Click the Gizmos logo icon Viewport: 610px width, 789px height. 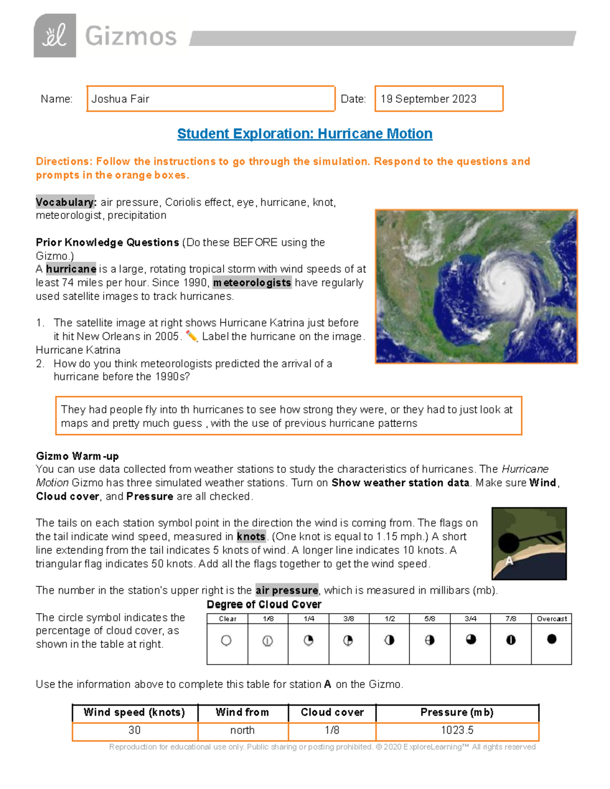pyautogui.click(x=55, y=36)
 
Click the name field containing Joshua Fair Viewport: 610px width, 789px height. pyautogui.click(x=210, y=99)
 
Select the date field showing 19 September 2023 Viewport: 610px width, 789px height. pyautogui.click(x=439, y=99)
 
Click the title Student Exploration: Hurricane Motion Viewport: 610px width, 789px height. pyautogui.click(x=304, y=134)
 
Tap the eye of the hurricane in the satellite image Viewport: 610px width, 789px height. pyautogui.click(x=503, y=283)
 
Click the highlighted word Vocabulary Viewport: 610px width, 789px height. pyautogui.click(x=66, y=202)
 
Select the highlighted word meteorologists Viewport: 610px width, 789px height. pyautogui.click(x=252, y=282)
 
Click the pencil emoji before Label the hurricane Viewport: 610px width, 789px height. pyautogui.click(x=192, y=336)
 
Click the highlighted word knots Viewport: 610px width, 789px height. pyautogui.click(x=251, y=536)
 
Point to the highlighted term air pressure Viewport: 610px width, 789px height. pyautogui.click(x=287, y=590)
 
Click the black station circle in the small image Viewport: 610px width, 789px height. pyautogui.click(x=508, y=543)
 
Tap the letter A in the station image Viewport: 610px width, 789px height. pyautogui.click(x=509, y=561)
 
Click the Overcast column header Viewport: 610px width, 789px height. pyautogui.click(x=552, y=619)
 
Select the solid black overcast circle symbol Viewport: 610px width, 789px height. pyautogui.click(x=552, y=640)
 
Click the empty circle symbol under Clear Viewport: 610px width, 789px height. pyautogui.click(x=226, y=641)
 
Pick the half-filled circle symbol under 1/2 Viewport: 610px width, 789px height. pyautogui.click(x=389, y=641)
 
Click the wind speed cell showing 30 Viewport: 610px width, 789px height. pyautogui.click(x=135, y=731)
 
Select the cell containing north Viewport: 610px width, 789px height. pyautogui.click(x=242, y=731)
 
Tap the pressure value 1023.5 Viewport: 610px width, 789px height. pyautogui.click(x=457, y=731)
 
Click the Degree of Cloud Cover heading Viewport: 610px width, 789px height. pyautogui.click(x=264, y=605)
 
